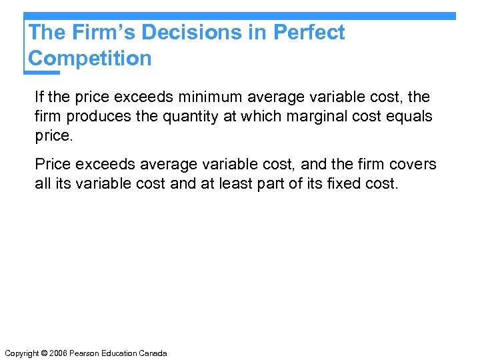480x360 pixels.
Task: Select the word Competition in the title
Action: (90, 58)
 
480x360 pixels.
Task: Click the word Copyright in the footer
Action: (21, 353)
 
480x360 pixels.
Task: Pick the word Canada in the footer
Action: (153, 353)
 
